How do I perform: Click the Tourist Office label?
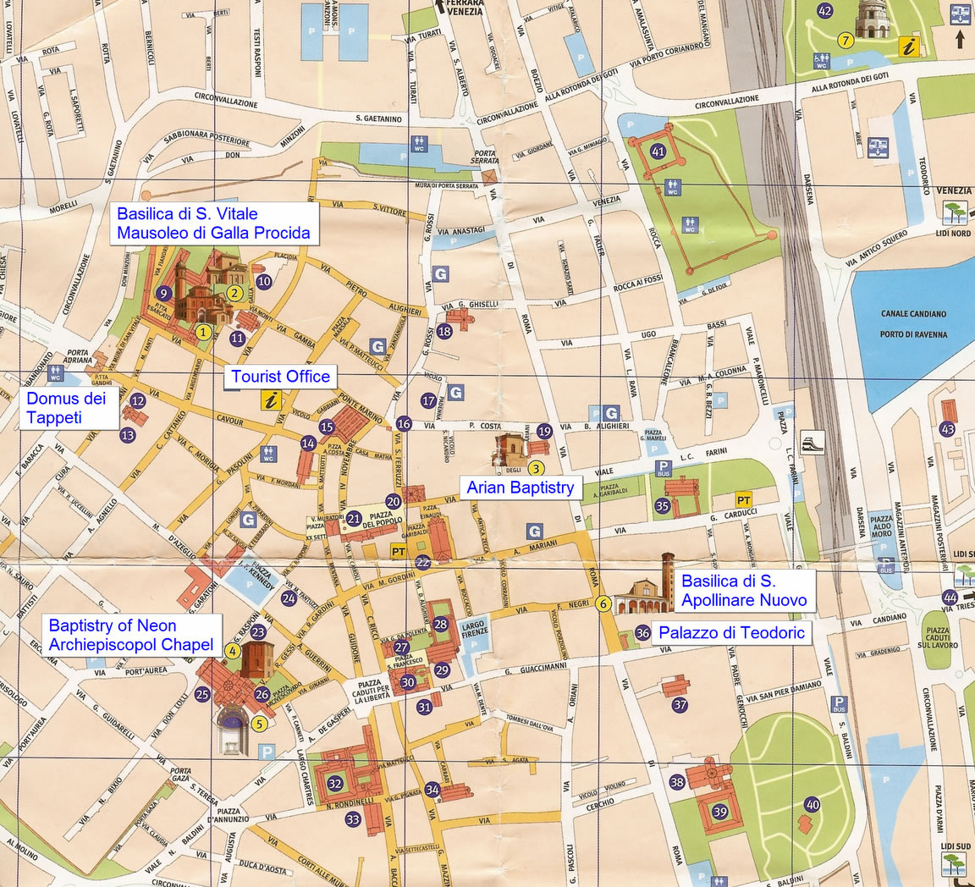point(281,377)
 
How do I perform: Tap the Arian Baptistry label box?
point(520,487)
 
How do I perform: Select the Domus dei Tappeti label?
point(66,408)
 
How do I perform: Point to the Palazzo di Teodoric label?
point(731,632)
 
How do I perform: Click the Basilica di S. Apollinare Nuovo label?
point(744,591)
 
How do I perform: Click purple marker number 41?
point(658,152)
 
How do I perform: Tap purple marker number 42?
point(824,11)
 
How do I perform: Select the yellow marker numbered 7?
point(844,40)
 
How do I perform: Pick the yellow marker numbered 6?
point(603,603)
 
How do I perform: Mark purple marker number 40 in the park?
point(812,804)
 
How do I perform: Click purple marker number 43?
point(947,429)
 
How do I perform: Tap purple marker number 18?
point(444,331)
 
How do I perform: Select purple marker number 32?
point(335,783)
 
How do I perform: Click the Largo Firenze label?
point(474,630)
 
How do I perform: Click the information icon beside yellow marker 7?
point(910,46)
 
